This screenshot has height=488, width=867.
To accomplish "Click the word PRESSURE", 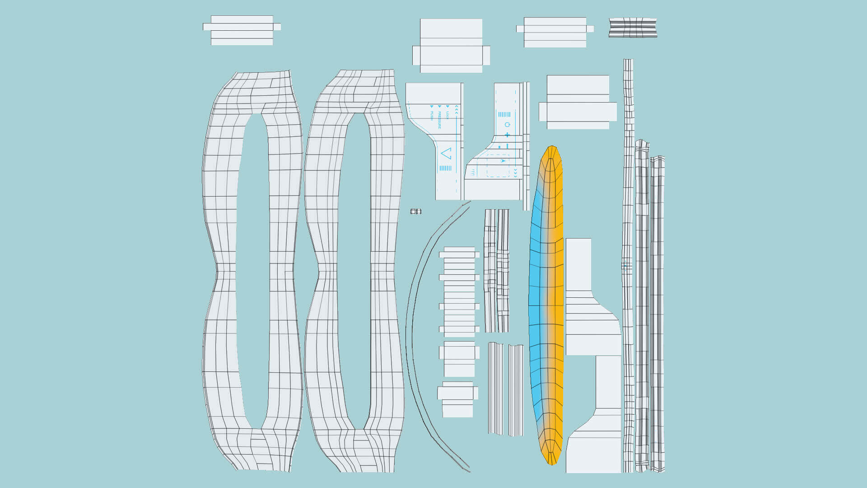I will pyautogui.click(x=439, y=120).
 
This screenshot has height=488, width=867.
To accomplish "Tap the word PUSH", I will pyautogui.click(x=432, y=115).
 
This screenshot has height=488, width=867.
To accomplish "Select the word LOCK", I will pyautogui.click(x=447, y=115).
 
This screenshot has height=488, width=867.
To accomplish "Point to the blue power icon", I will pyautogui.click(x=507, y=125).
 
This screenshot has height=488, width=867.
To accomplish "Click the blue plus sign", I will pyautogui.click(x=507, y=135).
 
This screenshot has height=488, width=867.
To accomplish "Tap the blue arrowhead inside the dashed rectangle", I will pyautogui.click(x=503, y=161).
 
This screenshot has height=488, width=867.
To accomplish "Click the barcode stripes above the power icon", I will pyautogui.click(x=504, y=115).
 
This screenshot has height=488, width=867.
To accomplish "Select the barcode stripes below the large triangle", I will pyautogui.click(x=445, y=168).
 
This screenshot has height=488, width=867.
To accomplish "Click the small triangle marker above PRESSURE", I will pyautogui.click(x=439, y=107).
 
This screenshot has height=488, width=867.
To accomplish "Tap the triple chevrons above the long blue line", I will pyautogui.click(x=457, y=109).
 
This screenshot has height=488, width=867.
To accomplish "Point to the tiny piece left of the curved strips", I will pyautogui.click(x=416, y=211).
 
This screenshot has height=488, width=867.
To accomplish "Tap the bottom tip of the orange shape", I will pyautogui.click(x=551, y=464).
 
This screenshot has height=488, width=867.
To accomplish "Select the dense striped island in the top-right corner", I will pyautogui.click(x=633, y=28).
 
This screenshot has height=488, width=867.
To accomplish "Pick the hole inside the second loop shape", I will pyautogui.click(x=354, y=271).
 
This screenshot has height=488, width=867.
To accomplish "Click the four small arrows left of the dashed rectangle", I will pyautogui.click(x=473, y=172).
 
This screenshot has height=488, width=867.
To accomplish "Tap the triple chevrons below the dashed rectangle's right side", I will pyautogui.click(x=515, y=173).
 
